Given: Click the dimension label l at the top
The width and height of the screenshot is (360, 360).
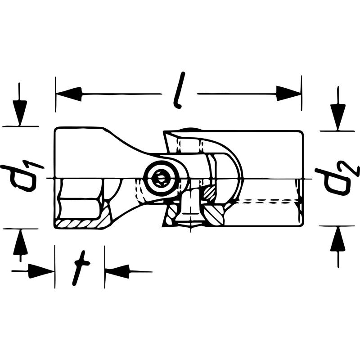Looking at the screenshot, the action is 180,90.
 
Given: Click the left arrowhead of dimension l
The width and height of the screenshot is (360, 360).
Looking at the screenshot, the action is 68,94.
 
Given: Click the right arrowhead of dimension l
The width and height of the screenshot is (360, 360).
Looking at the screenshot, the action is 288,94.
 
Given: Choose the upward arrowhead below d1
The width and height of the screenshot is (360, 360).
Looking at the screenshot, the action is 20,242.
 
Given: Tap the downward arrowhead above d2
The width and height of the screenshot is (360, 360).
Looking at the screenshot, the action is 337,117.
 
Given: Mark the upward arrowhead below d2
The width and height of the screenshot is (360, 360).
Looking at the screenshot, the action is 338,239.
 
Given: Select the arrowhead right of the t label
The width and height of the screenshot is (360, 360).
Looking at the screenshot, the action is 117,272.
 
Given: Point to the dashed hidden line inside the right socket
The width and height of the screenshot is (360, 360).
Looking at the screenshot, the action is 269,202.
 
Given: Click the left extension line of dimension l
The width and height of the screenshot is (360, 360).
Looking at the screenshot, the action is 55,94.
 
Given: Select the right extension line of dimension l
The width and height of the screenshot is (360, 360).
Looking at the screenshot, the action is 301,93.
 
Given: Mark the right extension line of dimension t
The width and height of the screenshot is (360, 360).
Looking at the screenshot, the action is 105,267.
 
